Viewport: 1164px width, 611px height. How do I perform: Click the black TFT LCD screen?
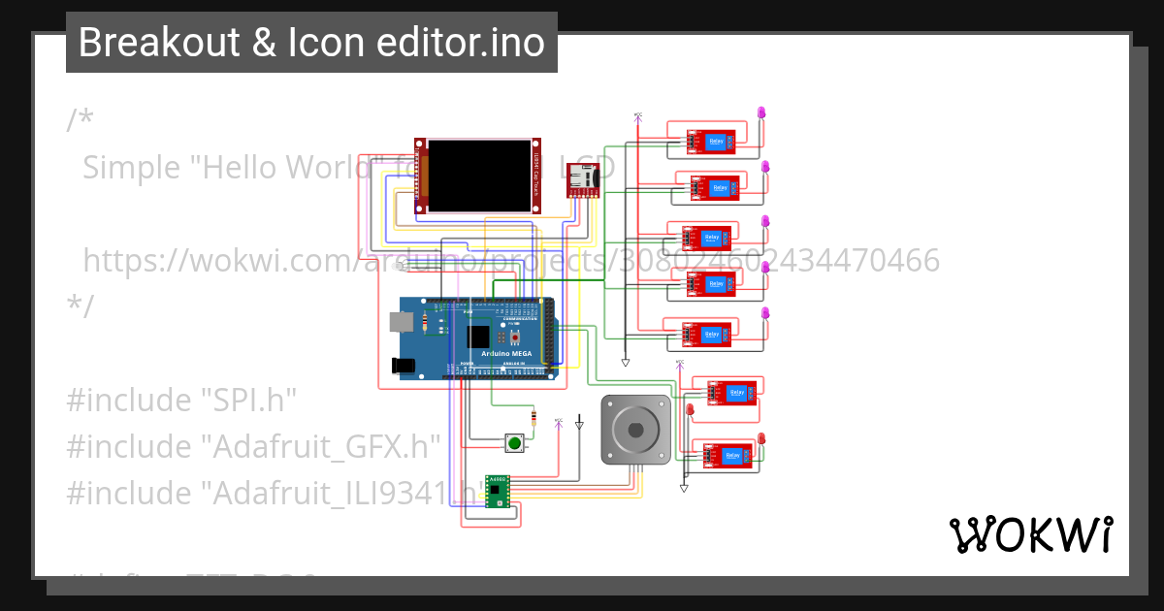480,176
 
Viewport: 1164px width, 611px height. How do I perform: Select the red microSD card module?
584,179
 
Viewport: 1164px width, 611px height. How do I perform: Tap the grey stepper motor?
635,428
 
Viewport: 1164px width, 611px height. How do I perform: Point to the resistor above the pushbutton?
533,419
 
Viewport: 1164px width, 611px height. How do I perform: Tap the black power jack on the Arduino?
404,366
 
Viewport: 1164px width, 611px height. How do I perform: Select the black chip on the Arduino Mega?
477,337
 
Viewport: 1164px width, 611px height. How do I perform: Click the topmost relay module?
712,143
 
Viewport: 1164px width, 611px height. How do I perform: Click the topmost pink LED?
761,113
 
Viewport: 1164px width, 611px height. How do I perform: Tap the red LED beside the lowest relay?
760,440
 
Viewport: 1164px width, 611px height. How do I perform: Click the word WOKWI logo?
1030,534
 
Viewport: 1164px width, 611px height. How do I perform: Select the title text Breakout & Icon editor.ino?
311,43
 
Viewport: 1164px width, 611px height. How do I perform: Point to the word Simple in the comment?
132,167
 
